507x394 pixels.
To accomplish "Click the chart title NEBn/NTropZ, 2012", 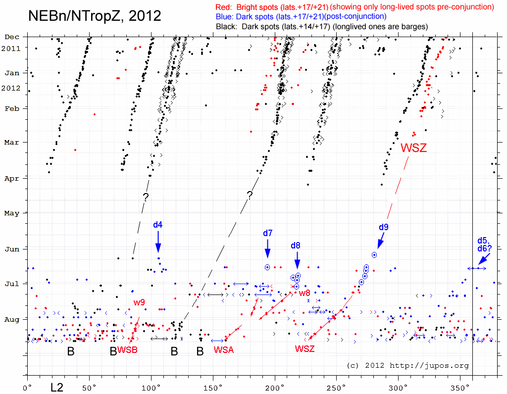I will click(95, 15).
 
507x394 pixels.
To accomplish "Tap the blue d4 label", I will click(157, 225).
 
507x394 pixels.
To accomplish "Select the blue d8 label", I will click(296, 245).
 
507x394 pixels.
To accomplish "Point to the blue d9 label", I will click(384, 227).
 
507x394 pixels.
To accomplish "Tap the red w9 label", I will click(139, 302).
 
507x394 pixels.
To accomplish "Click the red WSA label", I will click(223, 350).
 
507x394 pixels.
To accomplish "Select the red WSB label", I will click(127, 350).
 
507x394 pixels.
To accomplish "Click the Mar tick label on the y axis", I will click(12, 143).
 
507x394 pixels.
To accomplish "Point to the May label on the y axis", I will click(12, 213).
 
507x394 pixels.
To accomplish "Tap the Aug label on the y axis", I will click(12, 319).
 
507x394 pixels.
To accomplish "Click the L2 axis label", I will click(57, 385).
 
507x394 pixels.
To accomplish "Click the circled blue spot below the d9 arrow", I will click(374, 254).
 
